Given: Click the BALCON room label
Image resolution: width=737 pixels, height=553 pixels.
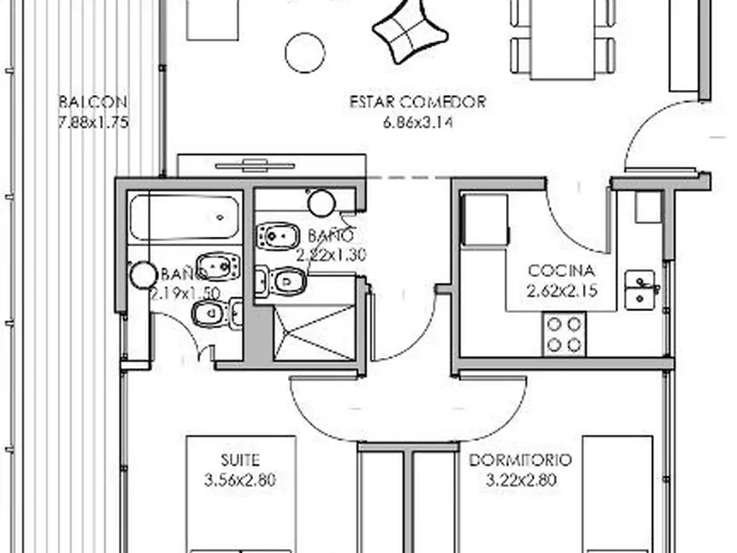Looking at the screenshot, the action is pos(93,102).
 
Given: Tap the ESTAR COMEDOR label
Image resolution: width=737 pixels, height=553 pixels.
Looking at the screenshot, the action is pos(418,102).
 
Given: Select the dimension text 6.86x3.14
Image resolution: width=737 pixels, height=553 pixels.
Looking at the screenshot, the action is pos(418,122).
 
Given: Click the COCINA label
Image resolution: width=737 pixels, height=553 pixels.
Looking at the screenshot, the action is pos(561,271).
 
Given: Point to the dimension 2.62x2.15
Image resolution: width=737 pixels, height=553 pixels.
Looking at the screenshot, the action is pos(562,291).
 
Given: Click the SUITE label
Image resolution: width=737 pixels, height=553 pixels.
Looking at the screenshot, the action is pos(240,460).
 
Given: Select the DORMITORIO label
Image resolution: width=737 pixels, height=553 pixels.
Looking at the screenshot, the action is pos(521,460).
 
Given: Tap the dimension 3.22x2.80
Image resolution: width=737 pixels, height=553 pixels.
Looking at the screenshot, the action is pos(521,480).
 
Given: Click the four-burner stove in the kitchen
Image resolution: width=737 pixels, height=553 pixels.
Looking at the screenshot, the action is pos(564,334).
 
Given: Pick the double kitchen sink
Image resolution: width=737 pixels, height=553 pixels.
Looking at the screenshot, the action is pos(640,290).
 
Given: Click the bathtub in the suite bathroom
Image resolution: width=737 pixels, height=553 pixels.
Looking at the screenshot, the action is pos(184,217).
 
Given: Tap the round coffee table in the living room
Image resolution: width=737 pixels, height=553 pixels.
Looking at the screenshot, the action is pos(305,53).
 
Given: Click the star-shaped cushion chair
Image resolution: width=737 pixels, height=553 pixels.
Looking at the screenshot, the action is pos(410,30).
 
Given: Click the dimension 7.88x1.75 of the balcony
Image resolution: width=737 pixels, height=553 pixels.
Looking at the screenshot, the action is pos(93,122).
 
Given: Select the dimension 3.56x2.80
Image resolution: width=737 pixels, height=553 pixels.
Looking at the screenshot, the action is pos(240,480).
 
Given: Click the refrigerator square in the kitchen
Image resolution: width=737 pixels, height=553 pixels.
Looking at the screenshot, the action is pos(485,219).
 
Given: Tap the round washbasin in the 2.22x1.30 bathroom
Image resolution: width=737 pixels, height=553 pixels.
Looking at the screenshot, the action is pos(322,203).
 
